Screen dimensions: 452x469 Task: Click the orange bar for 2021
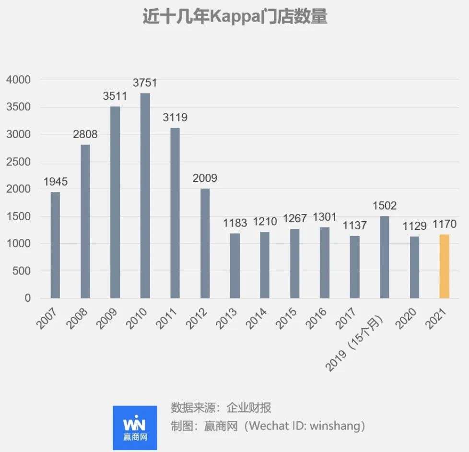pyautogui.click(x=444, y=266)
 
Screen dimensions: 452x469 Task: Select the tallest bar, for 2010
pyautogui.click(x=145, y=196)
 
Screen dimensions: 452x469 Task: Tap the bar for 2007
pyautogui.click(x=55, y=245)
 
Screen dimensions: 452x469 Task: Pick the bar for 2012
pyautogui.click(x=205, y=243)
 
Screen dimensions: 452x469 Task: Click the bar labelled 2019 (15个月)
pyautogui.click(x=384, y=257)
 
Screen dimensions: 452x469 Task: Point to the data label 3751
pyautogui.click(x=145, y=83)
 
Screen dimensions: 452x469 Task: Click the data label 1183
pyautogui.click(x=235, y=223)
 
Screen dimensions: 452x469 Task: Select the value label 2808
pyautogui.click(x=85, y=134)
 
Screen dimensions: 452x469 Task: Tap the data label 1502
pyautogui.click(x=384, y=206)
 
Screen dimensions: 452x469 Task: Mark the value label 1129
pyautogui.click(x=414, y=226)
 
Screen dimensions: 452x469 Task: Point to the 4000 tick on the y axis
pyautogui.click(x=19, y=80)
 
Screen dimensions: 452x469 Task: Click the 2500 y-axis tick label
pyautogui.click(x=19, y=162)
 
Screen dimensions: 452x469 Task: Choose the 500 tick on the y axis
pyautogui.click(x=22, y=271)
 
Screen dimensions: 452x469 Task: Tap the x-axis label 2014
pyautogui.click(x=258, y=319)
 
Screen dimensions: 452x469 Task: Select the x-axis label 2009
pyautogui.click(x=107, y=319)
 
